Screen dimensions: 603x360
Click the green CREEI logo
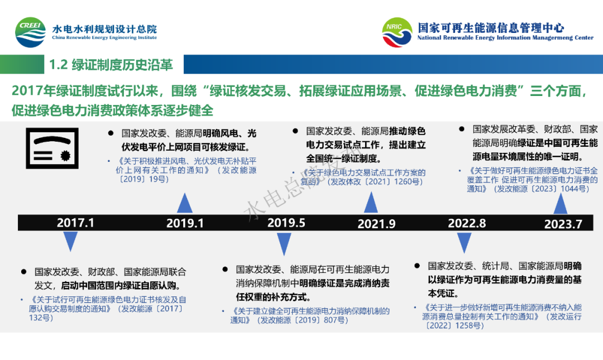click(30, 32)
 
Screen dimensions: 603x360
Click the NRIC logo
click(397, 32)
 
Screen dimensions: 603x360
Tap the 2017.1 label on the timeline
click(75, 223)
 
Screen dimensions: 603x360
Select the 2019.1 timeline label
click(185, 223)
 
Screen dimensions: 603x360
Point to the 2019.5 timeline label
click(286, 223)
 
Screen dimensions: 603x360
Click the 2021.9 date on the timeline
click(376, 223)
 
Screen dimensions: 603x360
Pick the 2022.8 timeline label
click(467, 223)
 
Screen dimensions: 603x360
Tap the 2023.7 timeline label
click(563, 224)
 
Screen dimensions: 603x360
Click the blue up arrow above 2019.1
click(185, 203)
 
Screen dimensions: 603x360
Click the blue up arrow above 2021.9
click(371, 202)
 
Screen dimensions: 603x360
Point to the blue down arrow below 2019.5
click(284, 244)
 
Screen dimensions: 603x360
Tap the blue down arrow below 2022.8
click(464, 242)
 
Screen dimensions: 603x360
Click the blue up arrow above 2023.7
click(561, 204)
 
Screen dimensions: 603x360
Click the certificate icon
click(52, 148)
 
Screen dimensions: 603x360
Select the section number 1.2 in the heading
click(59, 65)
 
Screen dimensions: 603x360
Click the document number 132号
click(41, 318)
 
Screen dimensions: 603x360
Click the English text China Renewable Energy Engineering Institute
click(104, 38)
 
